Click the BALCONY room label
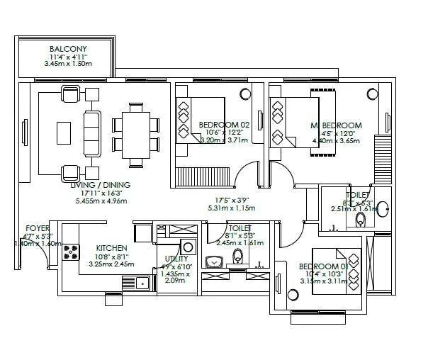69,48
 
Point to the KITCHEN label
111,248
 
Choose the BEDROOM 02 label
222,123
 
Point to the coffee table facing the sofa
64,132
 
